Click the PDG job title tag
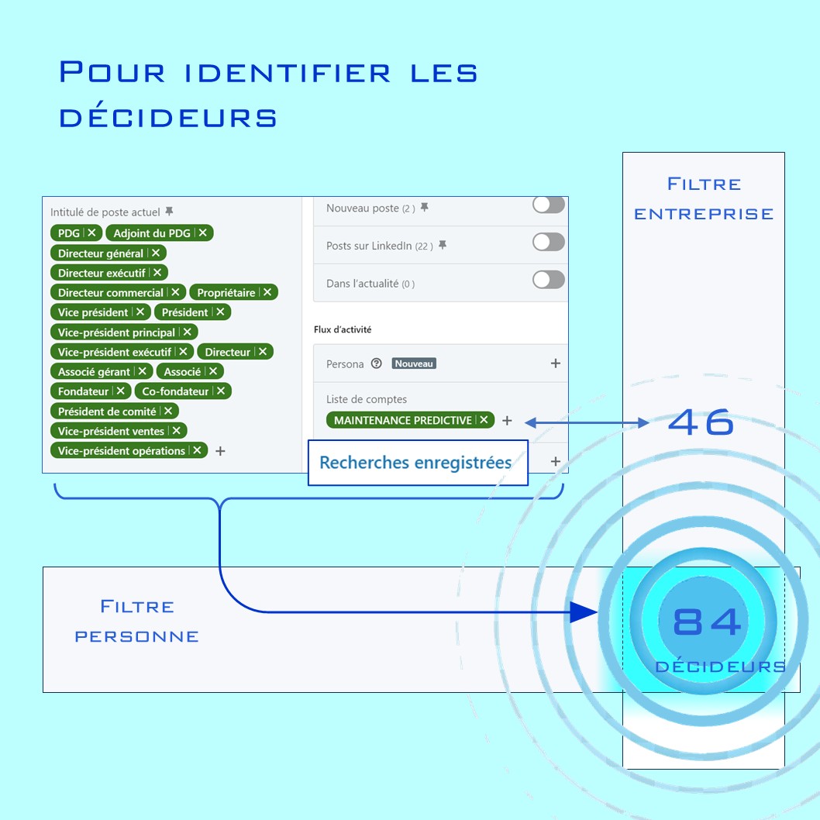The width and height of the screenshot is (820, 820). pos(76,233)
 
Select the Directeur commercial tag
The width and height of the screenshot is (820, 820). pos(118,292)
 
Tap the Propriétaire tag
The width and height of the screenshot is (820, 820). pos(233,292)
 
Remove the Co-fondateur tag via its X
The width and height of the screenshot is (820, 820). pos(221,391)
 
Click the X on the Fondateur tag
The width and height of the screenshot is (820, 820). pos(120,391)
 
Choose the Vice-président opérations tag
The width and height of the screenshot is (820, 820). pos(129,450)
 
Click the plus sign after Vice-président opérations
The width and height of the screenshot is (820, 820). pos(221,451)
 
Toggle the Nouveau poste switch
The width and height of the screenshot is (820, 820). pos(549,205)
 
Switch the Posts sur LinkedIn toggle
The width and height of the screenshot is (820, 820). pos(549,242)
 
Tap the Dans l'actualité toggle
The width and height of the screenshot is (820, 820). pos(549,280)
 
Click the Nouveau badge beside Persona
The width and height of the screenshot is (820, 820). pos(414,363)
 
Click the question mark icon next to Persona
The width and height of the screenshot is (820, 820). pos(377,363)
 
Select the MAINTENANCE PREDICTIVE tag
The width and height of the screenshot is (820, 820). pos(410,420)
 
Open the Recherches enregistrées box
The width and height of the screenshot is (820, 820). pos(418,463)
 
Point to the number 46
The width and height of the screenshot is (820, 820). pos(701,422)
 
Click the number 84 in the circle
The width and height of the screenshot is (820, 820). pos(707,622)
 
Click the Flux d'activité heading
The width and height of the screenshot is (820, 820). pos(343,329)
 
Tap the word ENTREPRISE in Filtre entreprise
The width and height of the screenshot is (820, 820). pos(704,214)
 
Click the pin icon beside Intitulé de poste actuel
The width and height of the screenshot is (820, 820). pos(169,212)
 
